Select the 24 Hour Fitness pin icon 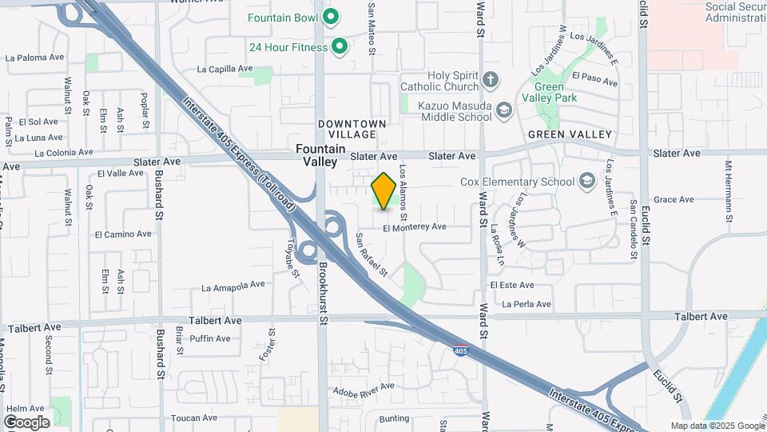339,47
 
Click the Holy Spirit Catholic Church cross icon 491,80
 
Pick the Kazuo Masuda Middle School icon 503,110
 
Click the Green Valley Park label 554,92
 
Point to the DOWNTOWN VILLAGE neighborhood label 352,129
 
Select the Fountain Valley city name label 320,155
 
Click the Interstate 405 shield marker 460,350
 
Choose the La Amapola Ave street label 232,286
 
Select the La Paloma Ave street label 34,58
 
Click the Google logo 26,422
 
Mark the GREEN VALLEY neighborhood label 570,134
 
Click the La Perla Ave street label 527,304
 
